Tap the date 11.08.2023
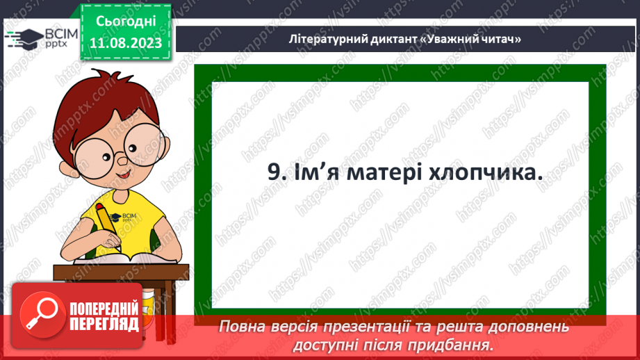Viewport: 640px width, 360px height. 125,43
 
